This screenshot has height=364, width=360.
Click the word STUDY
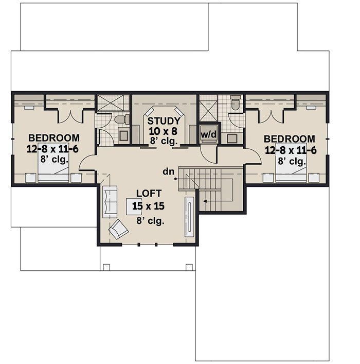point(164,121)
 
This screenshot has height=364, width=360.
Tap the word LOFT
point(149,194)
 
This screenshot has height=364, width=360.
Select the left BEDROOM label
point(54,138)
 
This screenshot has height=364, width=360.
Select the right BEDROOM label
point(289,139)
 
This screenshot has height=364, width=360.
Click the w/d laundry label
point(208,135)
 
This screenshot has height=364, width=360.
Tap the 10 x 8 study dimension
point(164,131)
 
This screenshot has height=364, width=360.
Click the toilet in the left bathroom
point(119,119)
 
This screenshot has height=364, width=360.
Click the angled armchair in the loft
point(119,229)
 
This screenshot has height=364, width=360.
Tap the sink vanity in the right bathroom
point(232,137)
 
